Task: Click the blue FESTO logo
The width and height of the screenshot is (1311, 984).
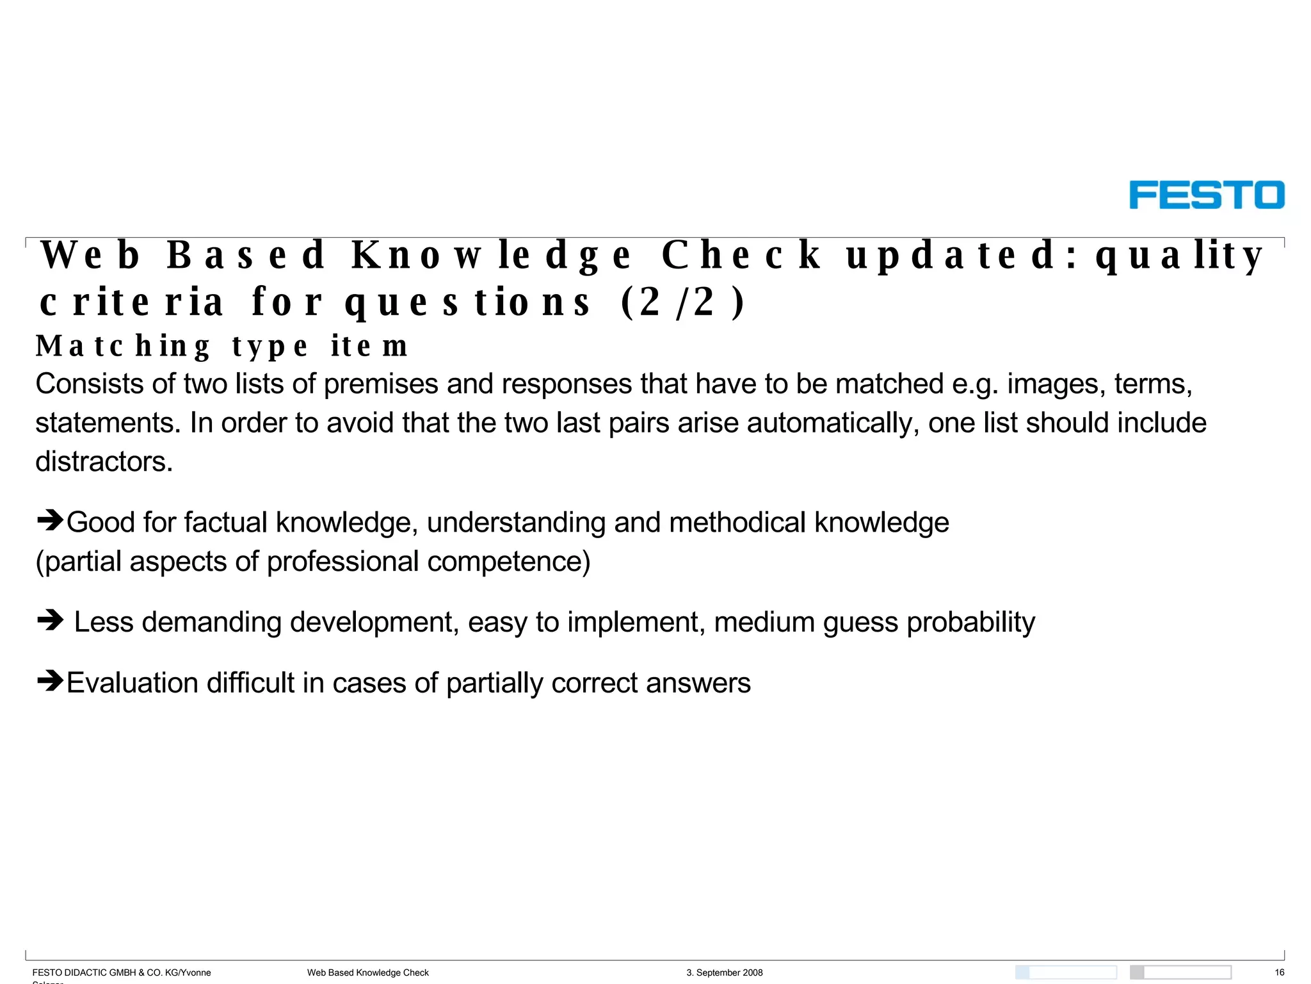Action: (x=1206, y=195)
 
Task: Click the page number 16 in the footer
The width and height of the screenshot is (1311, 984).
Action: (x=1279, y=972)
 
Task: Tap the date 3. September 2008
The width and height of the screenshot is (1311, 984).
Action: (x=725, y=972)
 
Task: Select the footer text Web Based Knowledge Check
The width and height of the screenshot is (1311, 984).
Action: (x=367, y=972)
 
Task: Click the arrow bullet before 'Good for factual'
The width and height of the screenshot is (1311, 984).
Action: (x=50, y=520)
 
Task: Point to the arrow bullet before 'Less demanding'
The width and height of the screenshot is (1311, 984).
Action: (x=50, y=619)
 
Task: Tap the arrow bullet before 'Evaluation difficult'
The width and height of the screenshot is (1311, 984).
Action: (x=50, y=680)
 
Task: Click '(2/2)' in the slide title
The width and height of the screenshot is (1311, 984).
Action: (x=682, y=302)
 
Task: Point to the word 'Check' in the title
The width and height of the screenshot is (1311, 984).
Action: (x=740, y=255)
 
